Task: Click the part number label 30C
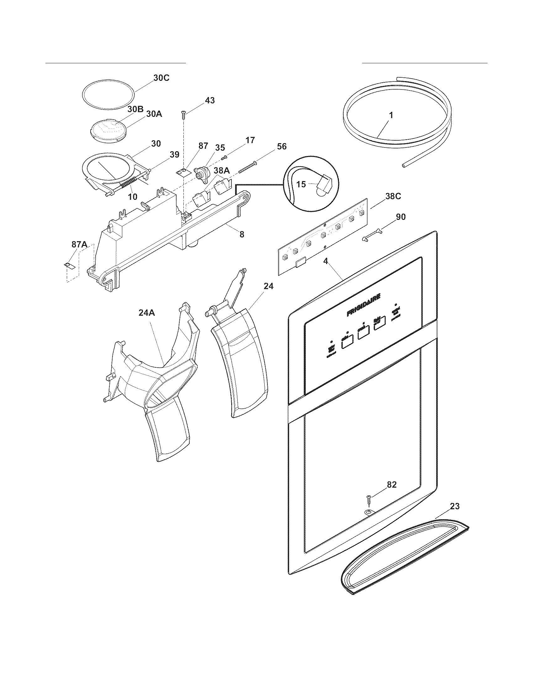click(161, 78)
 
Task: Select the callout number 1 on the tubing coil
click(391, 116)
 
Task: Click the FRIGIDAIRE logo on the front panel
click(363, 305)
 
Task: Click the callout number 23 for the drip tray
click(454, 506)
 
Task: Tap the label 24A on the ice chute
click(146, 313)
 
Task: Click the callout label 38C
click(393, 196)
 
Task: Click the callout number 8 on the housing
click(241, 234)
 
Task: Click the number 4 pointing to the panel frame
click(325, 261)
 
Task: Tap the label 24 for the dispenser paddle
click(269, 286)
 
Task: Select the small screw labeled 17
click(225, 157)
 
